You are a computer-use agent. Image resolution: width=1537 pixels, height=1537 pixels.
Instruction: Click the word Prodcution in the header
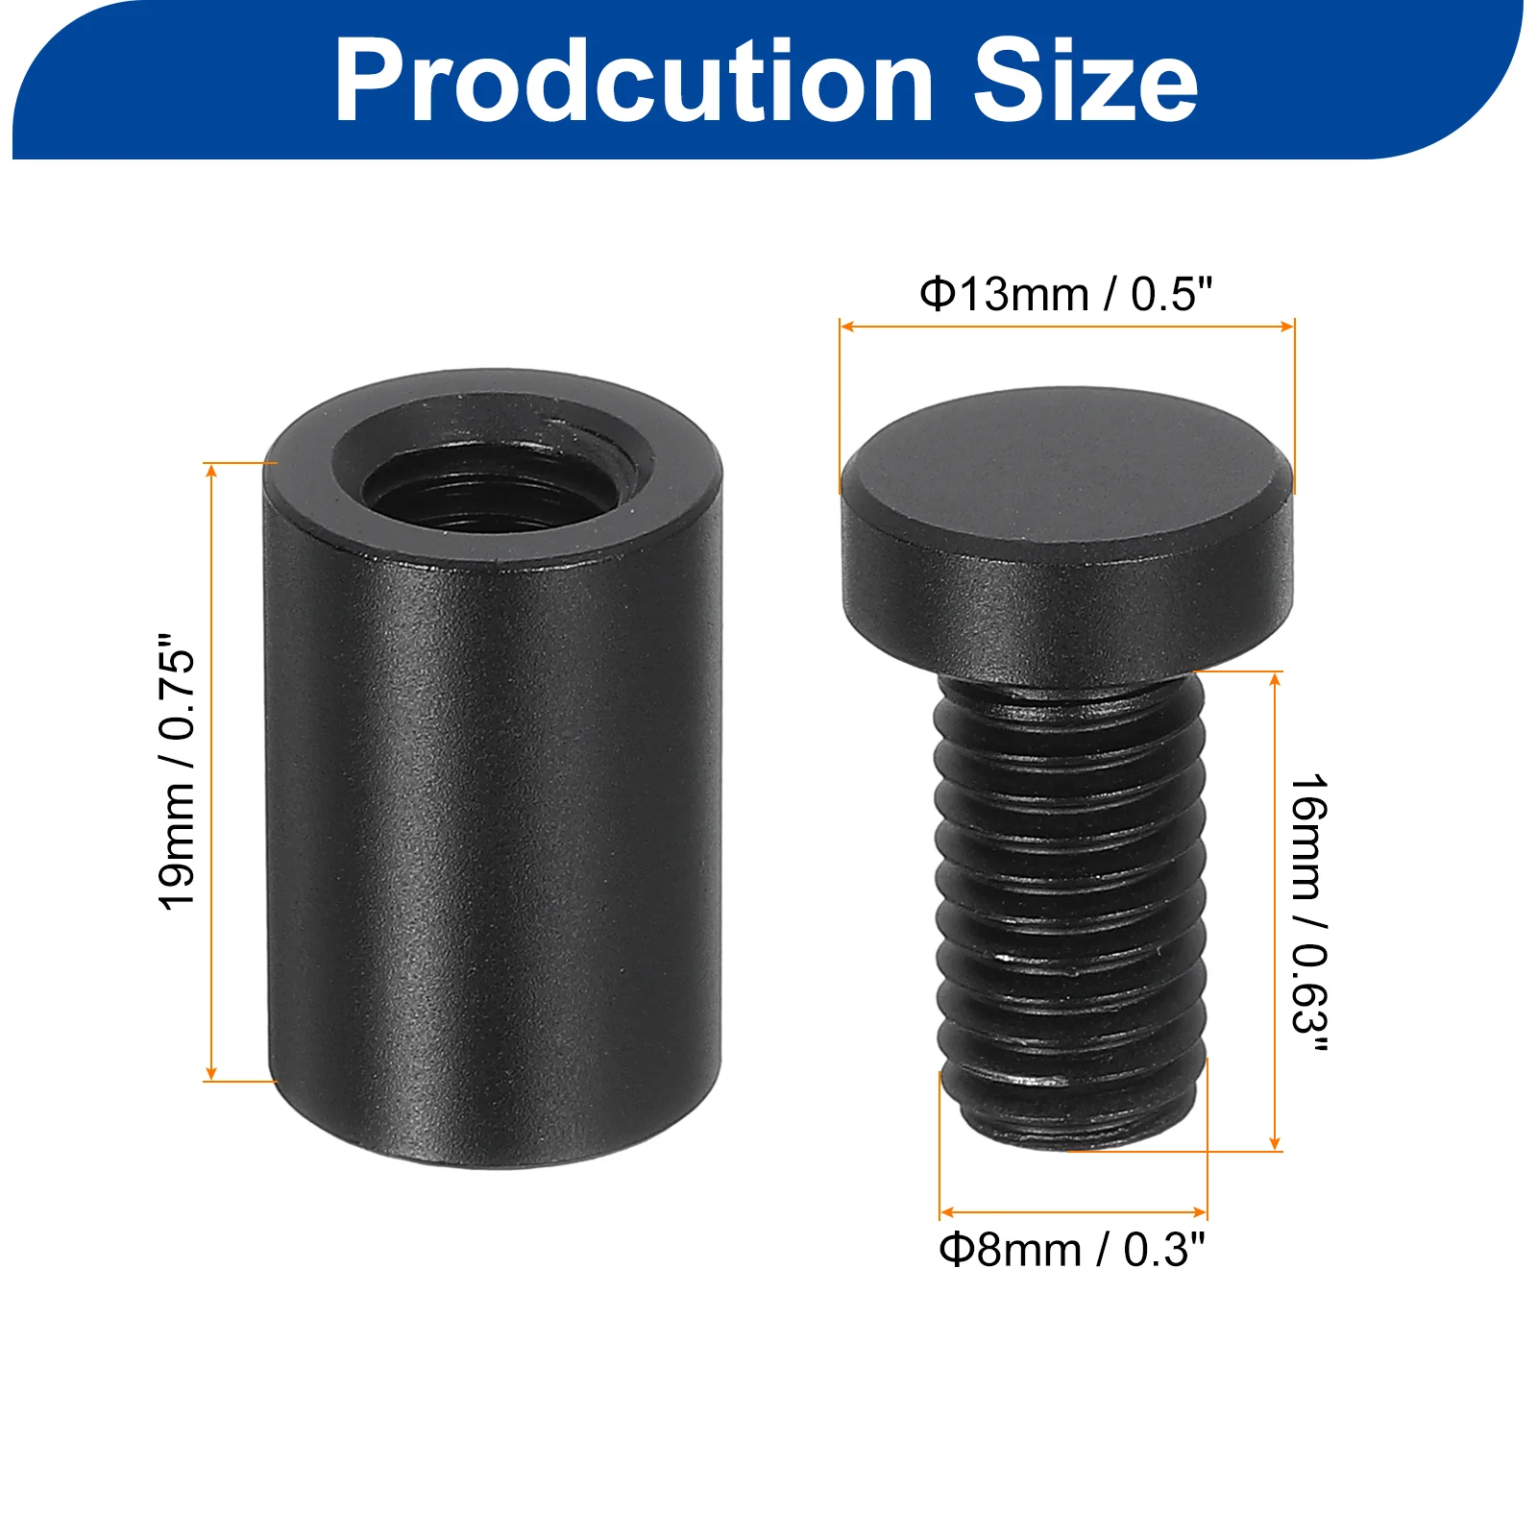[x=634, y=82]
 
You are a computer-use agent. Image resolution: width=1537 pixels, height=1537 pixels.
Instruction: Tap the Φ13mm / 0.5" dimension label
[x=1066, y=294]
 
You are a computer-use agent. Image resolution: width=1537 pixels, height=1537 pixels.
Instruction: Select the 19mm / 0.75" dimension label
[x=177, y=771]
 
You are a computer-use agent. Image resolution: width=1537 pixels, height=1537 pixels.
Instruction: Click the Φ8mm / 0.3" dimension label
[x=1071, y=1250]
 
